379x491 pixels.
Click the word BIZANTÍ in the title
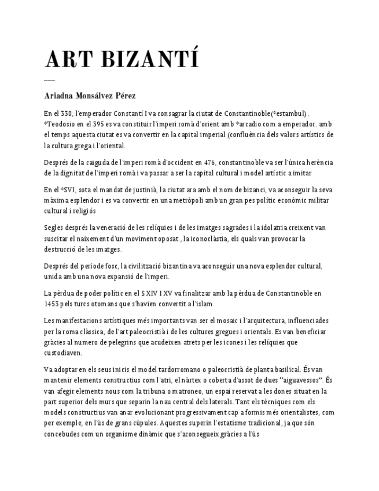(x=152, y=60)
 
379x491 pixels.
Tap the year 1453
(x=52, y=303)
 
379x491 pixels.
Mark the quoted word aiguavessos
(x=300, y=380)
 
